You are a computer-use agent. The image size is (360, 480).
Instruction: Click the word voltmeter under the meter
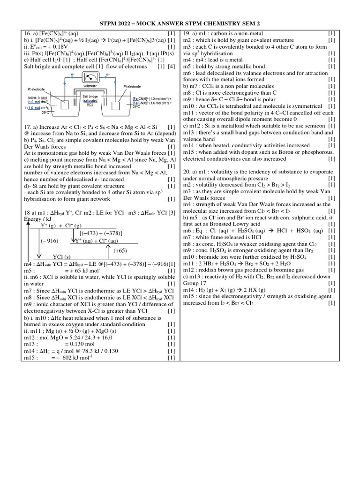tap(90, 86)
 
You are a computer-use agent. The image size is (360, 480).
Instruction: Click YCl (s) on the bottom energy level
tap(61, 257)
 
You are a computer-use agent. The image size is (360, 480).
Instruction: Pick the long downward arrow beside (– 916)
tap(40, 241)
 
